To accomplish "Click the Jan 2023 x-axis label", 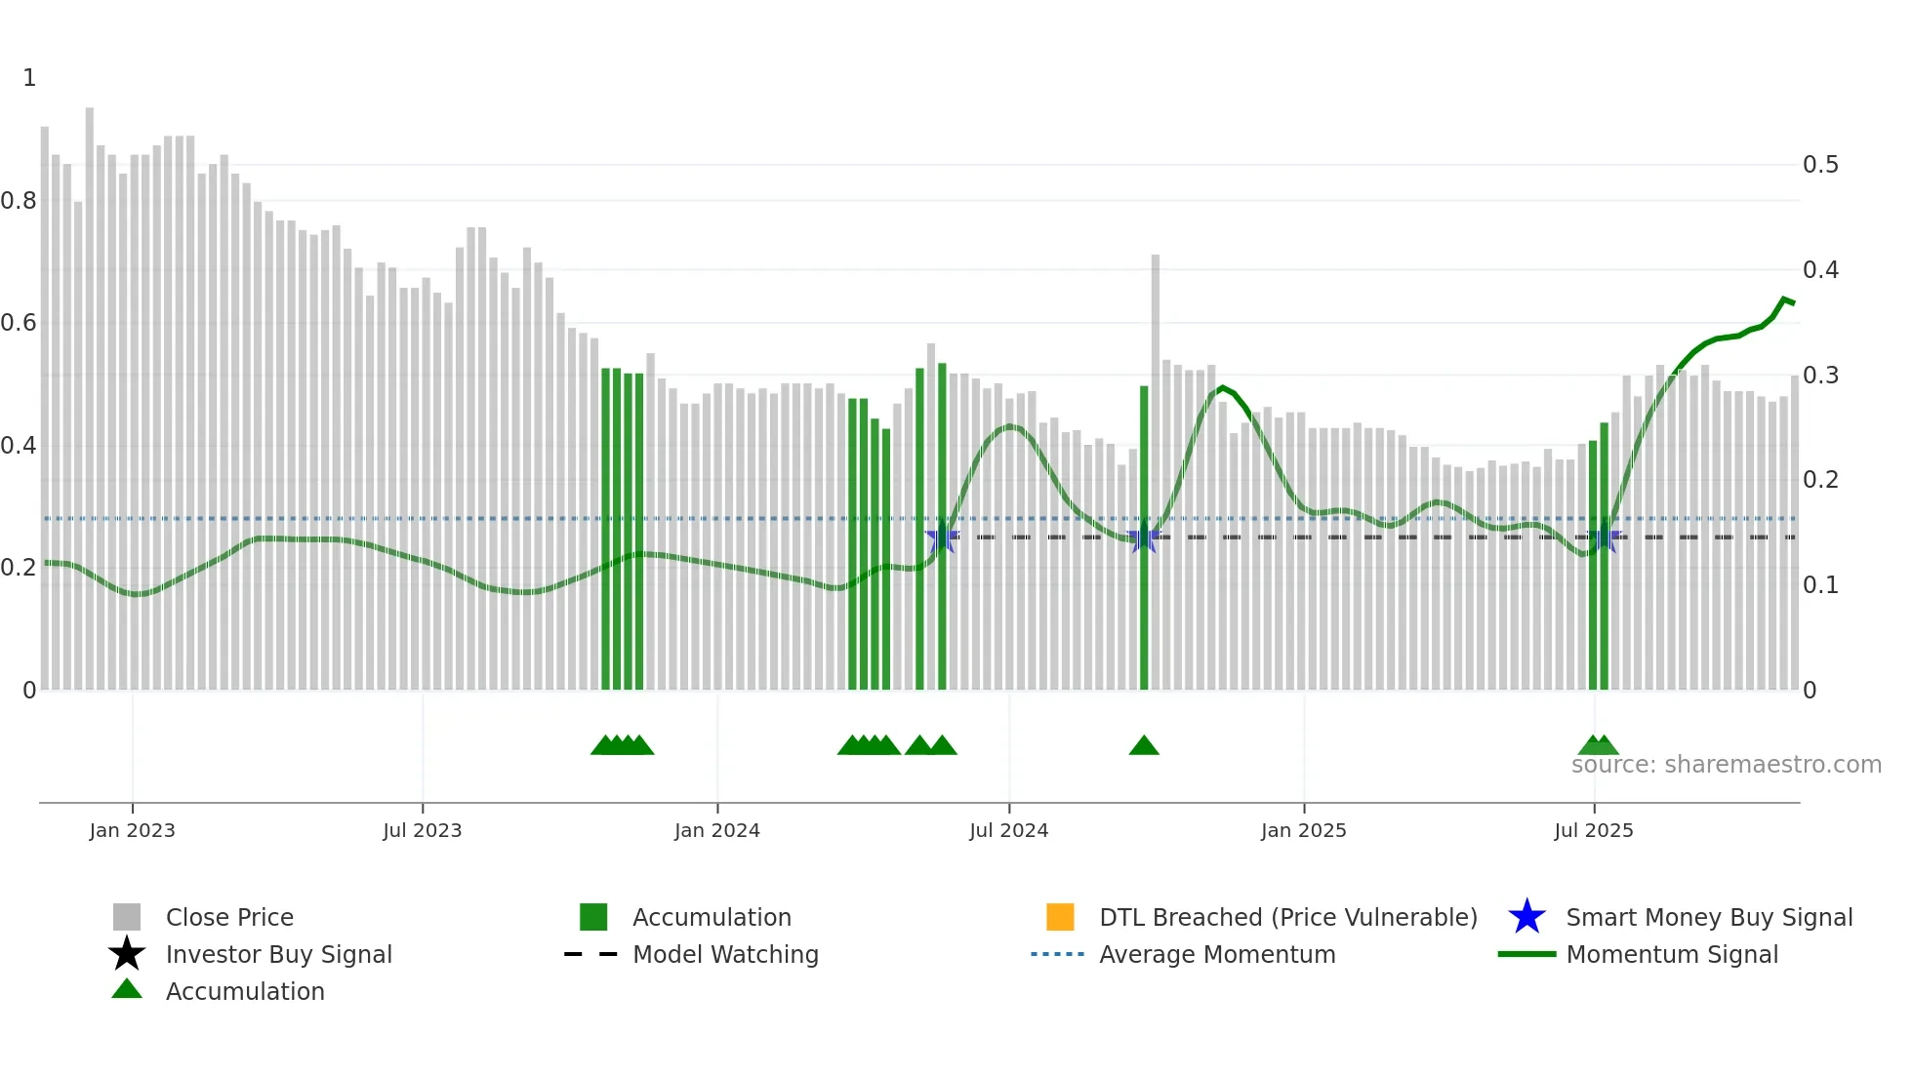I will (x=132, y=830).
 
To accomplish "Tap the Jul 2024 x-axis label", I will (x=1008, y=830).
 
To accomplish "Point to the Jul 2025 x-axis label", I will (x=1593, y=830).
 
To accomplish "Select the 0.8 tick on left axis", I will (x=19, y=201).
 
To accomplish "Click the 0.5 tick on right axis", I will (x=1820, y=165).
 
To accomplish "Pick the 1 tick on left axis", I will (x=29, y=78).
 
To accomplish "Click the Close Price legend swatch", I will (x=127, y=917).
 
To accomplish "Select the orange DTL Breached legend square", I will (x=1060, y=917).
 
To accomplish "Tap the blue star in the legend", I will (x=1526, y=917).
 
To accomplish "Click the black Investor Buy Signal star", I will (x=127, y=954).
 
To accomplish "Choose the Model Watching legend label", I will (x=725, y=954).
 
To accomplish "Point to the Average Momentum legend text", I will (x=1217, y=954).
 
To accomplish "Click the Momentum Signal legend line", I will (x=1526, y=954).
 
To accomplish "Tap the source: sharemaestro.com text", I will (x=1726, y=765).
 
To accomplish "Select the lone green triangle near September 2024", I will (x=1144, y=746).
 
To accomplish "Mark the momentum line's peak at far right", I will (x=1784, y=299).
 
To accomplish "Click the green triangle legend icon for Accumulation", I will (x=127, y=989).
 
